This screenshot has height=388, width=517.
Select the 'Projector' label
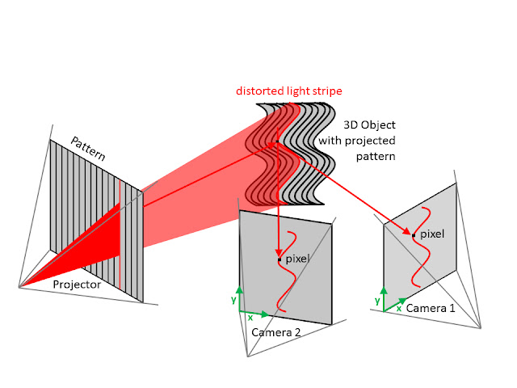coord(77,285)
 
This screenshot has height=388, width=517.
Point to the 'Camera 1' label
coord(431,308)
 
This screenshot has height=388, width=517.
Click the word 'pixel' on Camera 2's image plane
coord(297,259)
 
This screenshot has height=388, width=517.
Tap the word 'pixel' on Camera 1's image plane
coord(432,234)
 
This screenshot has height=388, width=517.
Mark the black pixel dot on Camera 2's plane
coord(279,259)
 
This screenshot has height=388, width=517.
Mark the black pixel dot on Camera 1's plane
coord(414,235)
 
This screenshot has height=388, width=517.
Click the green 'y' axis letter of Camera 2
coord(232,299)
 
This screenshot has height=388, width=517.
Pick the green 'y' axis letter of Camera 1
coord(377,301)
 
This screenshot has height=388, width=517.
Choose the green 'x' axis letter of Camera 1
coord(398,309)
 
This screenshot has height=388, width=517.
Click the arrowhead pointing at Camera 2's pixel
coord(279,253)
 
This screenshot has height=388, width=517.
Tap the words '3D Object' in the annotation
coord(371,126)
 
